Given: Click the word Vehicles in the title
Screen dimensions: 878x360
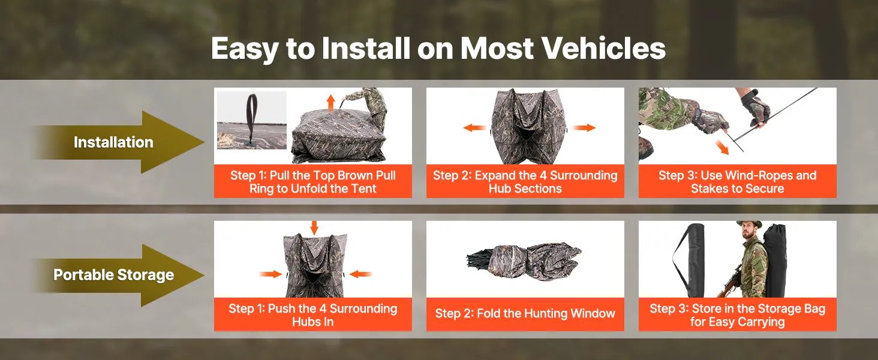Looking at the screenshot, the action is tap(603, 48).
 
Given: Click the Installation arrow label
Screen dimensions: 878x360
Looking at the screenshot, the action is tap(113, 142).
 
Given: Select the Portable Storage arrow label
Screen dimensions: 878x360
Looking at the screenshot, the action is tap(114, 275).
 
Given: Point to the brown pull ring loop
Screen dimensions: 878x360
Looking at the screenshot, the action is tap(251, 118).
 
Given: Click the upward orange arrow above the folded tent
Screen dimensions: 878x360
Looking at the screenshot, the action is tap(331, 103).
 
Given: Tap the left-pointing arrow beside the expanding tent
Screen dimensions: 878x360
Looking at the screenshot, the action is tap(475, 127).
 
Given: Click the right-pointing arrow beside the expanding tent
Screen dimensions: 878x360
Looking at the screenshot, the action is tap(584, 127).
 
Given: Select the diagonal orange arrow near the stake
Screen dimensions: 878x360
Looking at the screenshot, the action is tap(721, 147).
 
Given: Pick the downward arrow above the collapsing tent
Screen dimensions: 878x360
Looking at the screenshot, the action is tap(314, 228).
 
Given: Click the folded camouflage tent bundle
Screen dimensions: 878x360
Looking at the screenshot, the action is tap(524, 260).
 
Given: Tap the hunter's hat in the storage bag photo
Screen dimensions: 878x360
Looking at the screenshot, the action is tap(749, 224).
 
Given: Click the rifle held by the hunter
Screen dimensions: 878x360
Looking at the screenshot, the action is tap(730, 280).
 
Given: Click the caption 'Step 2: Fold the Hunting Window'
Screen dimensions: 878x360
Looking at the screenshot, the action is tap(525, 313).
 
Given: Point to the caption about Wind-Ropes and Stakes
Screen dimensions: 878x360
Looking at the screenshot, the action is tap(737, 182).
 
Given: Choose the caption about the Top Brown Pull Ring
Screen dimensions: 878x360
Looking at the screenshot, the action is tap(313, 182).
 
